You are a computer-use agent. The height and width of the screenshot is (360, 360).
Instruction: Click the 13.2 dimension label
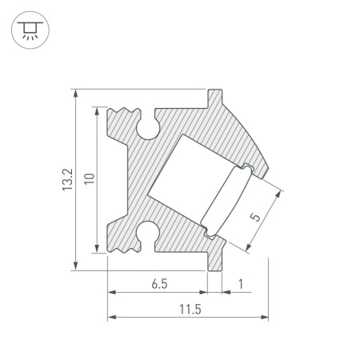[67, 179]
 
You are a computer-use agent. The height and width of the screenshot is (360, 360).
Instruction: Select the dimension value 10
[90, 178]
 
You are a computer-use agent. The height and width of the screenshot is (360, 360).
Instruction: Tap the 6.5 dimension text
[159, 284]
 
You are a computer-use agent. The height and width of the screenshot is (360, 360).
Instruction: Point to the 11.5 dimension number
[190, 310]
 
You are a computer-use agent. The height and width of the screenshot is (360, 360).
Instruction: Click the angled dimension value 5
[255, 217]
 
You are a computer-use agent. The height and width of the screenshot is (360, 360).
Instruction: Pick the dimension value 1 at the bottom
[241, 284]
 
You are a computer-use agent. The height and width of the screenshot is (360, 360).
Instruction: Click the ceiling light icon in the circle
[30, 30]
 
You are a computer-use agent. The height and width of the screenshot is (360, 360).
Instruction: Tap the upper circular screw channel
[148, 128]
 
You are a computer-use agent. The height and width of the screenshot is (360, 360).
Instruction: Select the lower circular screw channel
[148, 233]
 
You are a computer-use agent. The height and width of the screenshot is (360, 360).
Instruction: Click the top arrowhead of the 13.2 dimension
[76, 93]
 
